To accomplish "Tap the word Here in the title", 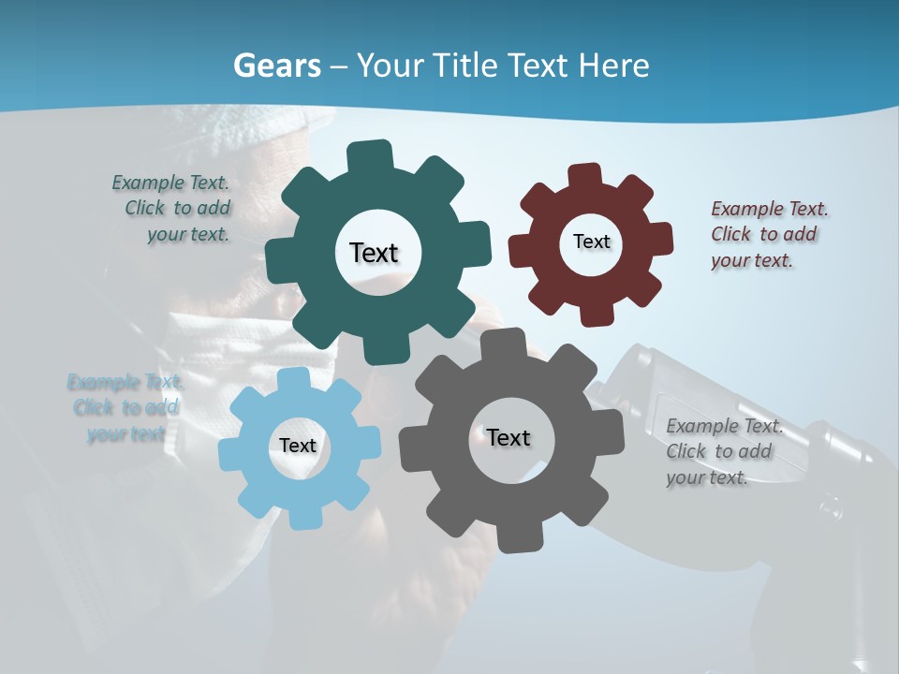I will tap(614, 66).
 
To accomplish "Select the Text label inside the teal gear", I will tap(374, 253).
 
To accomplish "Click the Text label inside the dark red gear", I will tap(591, 242).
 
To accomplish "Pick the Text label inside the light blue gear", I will tap(298, 446).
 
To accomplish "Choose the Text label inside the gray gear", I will tap(508, 437).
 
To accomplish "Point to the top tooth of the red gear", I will tap(584, 176).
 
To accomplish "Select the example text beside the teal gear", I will tap(174, 209).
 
